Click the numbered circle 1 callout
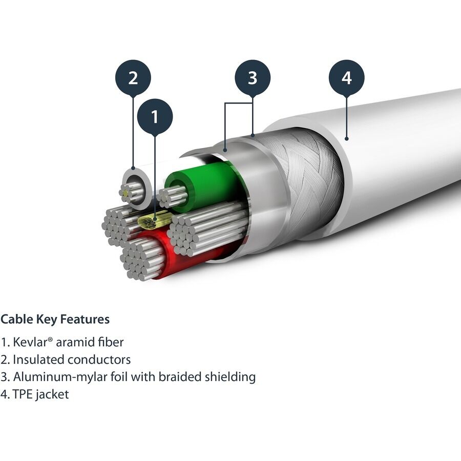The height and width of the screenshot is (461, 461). (x=155, y=117)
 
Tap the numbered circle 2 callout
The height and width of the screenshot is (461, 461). (x=133, y=78)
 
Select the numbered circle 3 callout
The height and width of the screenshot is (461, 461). (x=253, y=78)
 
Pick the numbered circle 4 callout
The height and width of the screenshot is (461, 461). (x=347, y=78)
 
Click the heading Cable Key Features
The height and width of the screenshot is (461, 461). (x=55, y=320)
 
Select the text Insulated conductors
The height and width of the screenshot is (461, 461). (x=72, y=360)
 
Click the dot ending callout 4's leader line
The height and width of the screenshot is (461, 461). (x=347, y=137)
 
